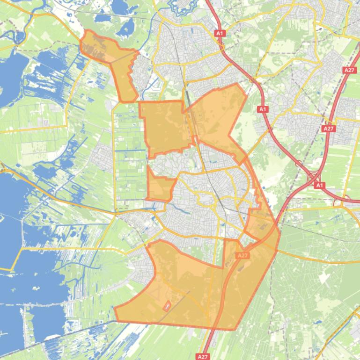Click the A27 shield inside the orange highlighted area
click(242, 255)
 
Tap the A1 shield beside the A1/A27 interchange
click(319, 185)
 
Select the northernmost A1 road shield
click(220, 33)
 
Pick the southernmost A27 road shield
click(203, 356)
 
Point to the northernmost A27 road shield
click(349, 70)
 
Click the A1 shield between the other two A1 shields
click(263, 109)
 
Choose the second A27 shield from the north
click(329, 128)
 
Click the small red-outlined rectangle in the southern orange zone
click(166, 306)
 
